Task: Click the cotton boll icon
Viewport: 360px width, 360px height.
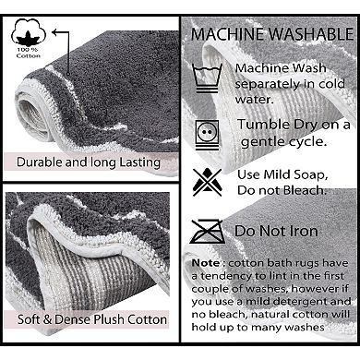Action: (x=29, y=32)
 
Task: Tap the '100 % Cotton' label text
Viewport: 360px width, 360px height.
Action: (x=29, y=53)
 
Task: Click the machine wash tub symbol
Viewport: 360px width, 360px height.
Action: (x=207, y=78)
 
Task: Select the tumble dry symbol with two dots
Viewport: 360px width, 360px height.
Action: (x=207, y=136)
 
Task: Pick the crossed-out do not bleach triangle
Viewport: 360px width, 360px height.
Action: (x=207, y=182)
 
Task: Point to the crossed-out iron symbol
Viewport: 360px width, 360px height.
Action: (x=207, y=231)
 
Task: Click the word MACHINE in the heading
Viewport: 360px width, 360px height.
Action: (x=227, y=34)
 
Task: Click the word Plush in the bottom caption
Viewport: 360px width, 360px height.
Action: (x=109, y=319)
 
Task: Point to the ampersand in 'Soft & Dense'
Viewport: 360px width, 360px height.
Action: (x=47, y=319)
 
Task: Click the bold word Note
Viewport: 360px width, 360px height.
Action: (x=206, y=263)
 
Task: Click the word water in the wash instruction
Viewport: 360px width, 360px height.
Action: (x=254, y=99)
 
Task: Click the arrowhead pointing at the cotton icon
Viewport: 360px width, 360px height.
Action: (x=54, y=32)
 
